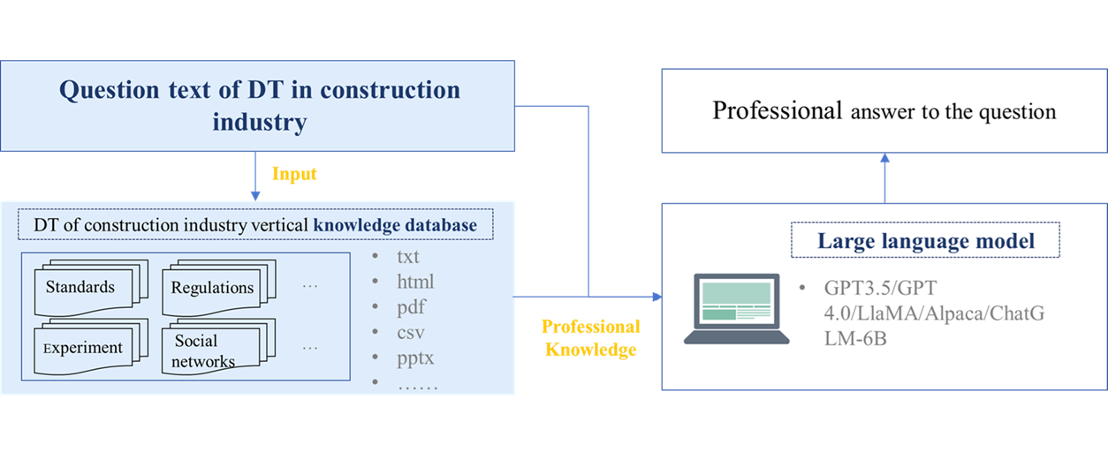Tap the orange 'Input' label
pos(294,174)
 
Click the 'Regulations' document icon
pos(215,288)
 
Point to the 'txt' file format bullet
pos(407,258)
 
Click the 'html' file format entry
pos(414,282)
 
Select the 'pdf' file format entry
pos(411,308)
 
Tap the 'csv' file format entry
pos(411,334)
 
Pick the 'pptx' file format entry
pos(415,359)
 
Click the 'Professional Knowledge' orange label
pos(590,338)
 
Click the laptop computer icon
pos(736,309)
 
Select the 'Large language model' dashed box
pos(925,241)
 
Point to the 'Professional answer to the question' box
pos(884,112)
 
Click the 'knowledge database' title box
pos(255,225)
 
